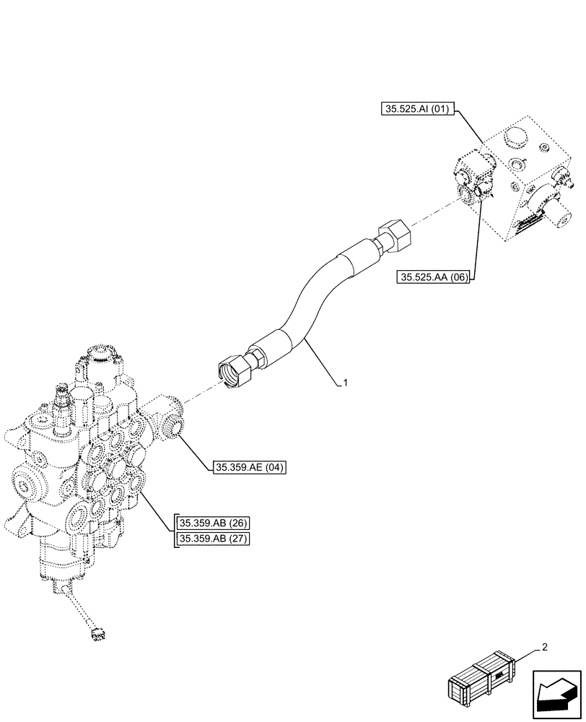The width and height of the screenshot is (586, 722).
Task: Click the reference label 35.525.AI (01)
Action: (414, 110)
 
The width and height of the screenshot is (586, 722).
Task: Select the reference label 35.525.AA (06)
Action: (432, 276)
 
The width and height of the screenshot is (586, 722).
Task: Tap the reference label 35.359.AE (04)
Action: (250, 468)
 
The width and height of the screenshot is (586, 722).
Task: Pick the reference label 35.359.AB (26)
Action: (213, 523)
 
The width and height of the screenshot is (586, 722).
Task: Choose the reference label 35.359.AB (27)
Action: (213, 540)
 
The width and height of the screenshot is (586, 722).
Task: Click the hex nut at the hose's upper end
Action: (393, 236)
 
